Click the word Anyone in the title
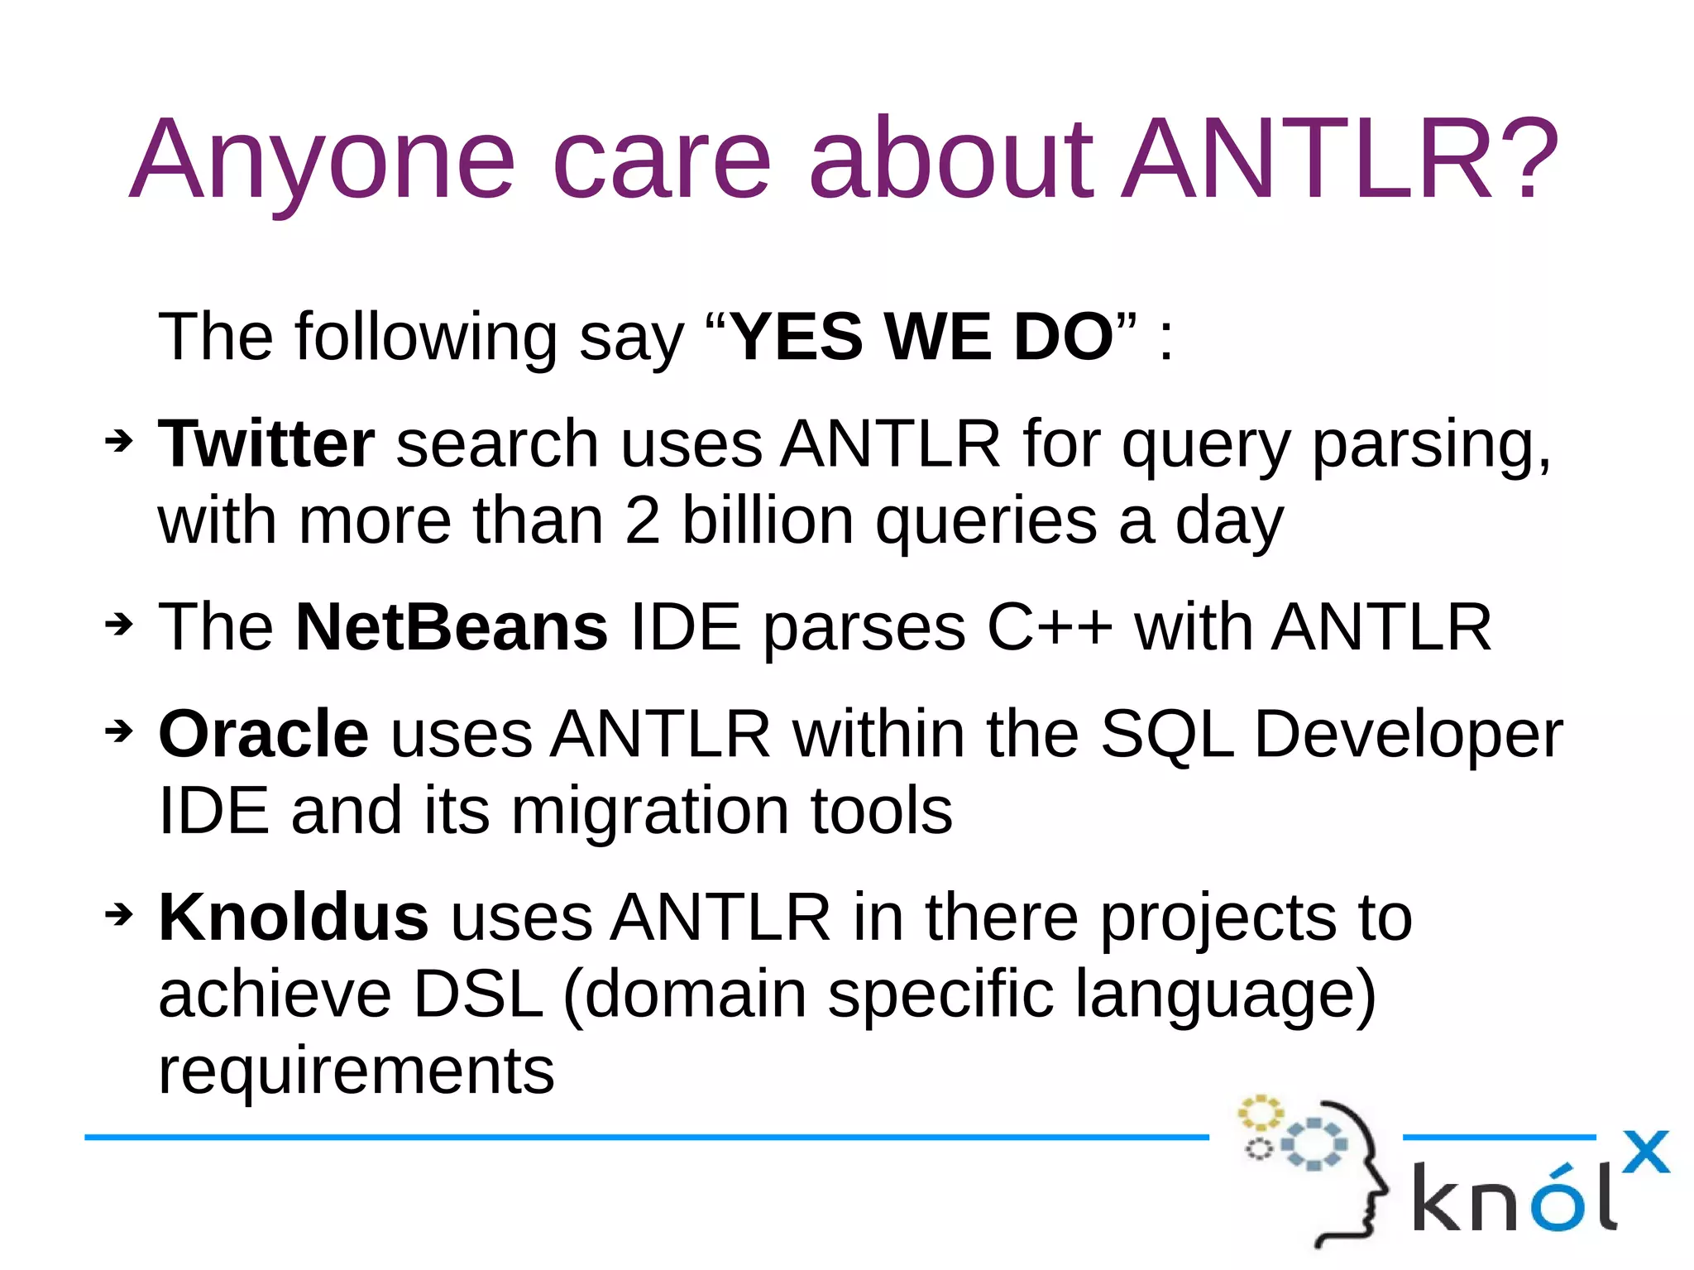tap(323, 161)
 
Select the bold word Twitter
tap(266, 444)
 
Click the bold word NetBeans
tap(452, 627)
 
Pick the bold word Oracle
tap(263, 734)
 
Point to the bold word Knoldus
tap(294, 918)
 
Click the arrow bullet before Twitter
tap(119, 441)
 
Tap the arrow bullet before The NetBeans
tap(119, 624)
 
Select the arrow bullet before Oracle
tap(119, 731)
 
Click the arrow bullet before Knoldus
tap(119, 914)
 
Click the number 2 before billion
tap(643, 521)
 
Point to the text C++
tap(1049, 627)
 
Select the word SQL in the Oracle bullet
tap(1167, 734)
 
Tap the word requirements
tap(356, 1071)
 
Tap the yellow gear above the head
tap(1260, 1113)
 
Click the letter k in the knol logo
tap(1441, 1197)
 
